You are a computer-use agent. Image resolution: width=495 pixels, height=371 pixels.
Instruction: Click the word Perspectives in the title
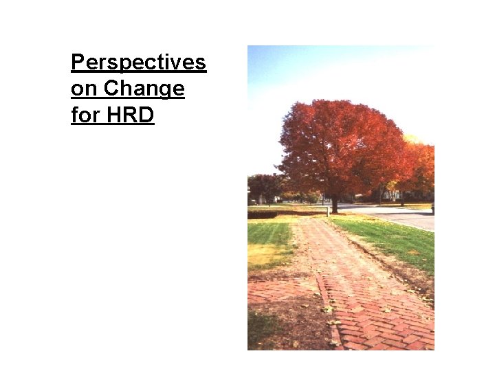click(138, 63)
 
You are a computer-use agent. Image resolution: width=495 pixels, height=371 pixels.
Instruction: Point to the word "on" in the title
click(82, 89)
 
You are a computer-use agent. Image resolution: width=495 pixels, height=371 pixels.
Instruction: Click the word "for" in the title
click(85, 115)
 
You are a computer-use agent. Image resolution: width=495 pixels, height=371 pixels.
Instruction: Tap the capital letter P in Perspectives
click(77, 63)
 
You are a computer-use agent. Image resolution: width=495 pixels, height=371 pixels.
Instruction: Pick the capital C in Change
click(111, 89)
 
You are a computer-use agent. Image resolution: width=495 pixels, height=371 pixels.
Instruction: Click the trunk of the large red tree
click(335, 204)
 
